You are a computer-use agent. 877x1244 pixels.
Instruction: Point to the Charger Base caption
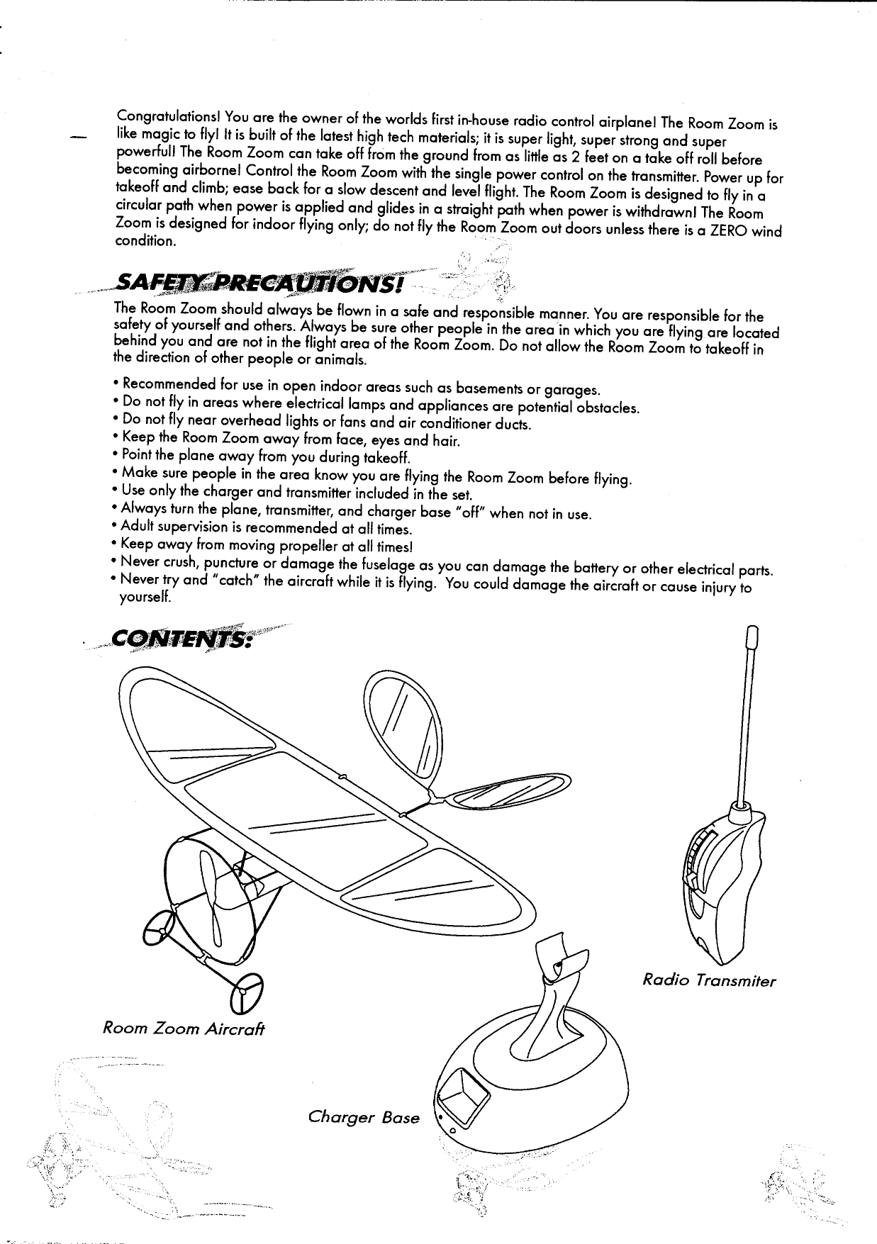coord(364,1118)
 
